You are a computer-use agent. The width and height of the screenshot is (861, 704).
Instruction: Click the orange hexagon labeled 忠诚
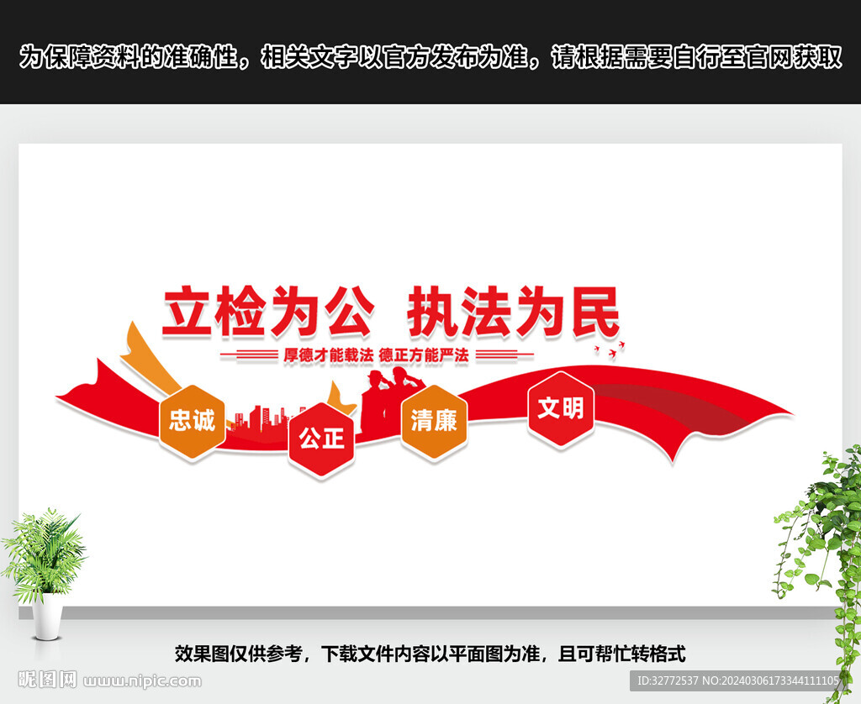pyautogui.click(x=193, y=422)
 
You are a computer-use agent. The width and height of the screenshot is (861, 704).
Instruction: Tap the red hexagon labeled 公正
pyautogui.click(x=322, y=439)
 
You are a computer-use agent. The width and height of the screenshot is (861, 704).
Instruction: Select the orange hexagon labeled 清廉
pyautogui.click(x=434, y=422)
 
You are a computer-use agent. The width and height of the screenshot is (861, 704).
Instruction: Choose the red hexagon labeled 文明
pyautogui.click(x=561, y=409)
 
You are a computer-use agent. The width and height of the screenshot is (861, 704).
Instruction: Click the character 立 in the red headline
pyautogui.click(x=188, y=310)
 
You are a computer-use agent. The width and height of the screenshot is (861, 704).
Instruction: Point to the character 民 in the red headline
pyautogui.click(x=596, y=311)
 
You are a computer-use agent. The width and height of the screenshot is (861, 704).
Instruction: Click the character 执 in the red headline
pyautogui.click(x=433, y=311)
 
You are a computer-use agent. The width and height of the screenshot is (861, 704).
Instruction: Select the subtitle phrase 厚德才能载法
pyautogui.click(x=329, y=355)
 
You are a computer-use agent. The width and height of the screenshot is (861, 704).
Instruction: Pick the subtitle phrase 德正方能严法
pyautogui.click(x=424, y=355)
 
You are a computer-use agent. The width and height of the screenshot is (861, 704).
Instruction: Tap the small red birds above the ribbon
pyautogui.click(x=610, y=350)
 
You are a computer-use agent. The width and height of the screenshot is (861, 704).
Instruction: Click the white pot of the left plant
pyautogui.click(x=47, y=616)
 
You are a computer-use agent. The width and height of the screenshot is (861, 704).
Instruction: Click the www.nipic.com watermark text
pyautogui.click(x=142, y=681)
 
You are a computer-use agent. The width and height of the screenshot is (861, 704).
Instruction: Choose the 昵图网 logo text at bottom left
pyautogui.click(x=48, y=680)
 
